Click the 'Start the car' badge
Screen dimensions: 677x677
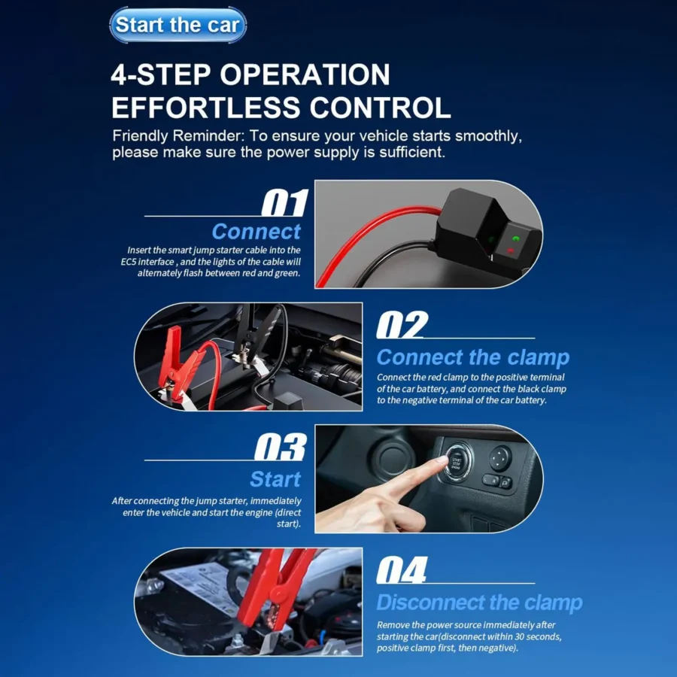(178, 25)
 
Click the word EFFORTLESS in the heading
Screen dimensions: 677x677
(200, 108)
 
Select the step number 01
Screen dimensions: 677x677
(285, 204)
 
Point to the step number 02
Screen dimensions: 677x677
(401, 326)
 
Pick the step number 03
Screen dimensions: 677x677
(280, 448)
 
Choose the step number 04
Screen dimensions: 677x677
(401, 571)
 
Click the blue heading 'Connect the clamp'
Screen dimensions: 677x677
(472, 357)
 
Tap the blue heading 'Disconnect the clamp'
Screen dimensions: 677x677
(479, 603)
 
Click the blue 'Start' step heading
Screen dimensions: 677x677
(275, 479)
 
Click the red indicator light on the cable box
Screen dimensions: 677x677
(515, 250)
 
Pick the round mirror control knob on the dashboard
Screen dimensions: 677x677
(499, 457)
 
